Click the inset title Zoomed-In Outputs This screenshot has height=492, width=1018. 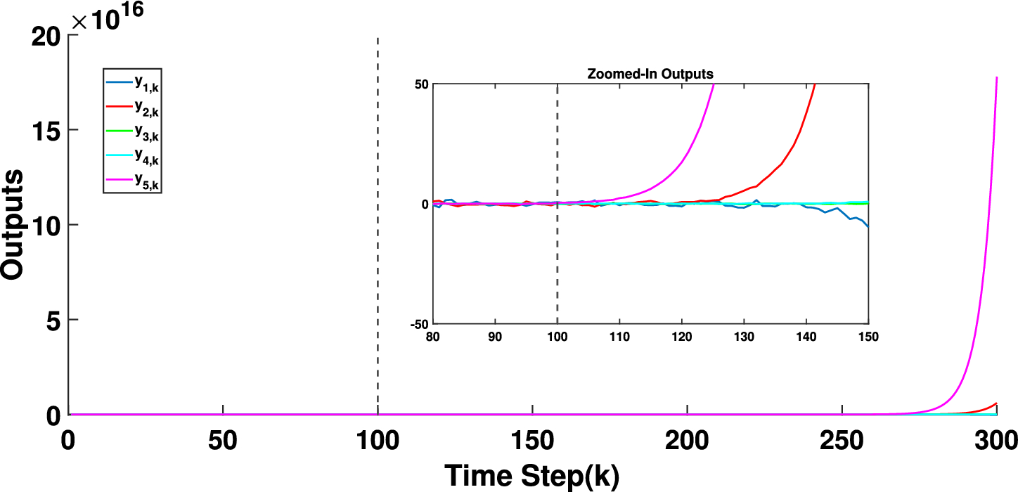650,74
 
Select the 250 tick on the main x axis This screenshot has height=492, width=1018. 842,441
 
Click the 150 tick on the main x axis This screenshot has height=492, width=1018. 532,441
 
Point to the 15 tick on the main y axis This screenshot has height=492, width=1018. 46,130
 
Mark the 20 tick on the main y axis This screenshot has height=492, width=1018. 46,36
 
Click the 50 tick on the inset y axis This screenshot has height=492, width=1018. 422,84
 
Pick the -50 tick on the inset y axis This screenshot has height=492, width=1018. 420,324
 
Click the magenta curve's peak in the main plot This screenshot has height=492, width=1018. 997,78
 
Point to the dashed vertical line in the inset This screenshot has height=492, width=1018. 558,267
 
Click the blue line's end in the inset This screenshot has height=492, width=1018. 868,226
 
